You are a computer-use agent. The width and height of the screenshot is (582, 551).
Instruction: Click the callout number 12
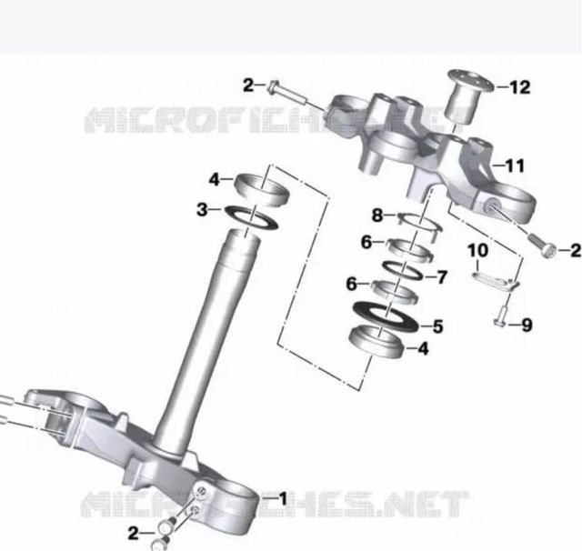pyautogui.click(x=520, y=87)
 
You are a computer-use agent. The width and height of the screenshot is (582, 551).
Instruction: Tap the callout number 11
pyautogui.click(x=514, y=165)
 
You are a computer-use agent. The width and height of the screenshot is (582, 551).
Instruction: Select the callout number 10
pyautogui.click(x=477, y=250)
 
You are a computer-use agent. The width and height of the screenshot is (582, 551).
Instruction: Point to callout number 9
pyautogui.click(x=527, y=325)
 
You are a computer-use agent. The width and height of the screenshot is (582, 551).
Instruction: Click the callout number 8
pyautogui.click(x=377, y=215)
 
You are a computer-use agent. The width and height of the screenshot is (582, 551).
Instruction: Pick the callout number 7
pyautogui.click(x=442, y=277)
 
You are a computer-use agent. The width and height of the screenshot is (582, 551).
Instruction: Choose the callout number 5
pyautogui.click(x=438, y=326)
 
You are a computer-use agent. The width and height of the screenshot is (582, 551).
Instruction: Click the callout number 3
pyautogui.click(x=202, y=210)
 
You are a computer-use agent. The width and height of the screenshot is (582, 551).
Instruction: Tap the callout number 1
pyautogui.click(x=283, y=498)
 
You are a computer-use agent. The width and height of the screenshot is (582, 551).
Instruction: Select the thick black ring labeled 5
pyautogui.click(x=386, y=316)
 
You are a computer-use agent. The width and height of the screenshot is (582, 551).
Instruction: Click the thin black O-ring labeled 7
pyautogui.click(x=403, y=270)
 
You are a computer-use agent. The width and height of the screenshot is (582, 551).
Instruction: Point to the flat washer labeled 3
pyautogui.click(x=253, y=217)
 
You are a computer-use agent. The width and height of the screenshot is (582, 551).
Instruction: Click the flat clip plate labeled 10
pyautogui.click(x=496, y=279)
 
